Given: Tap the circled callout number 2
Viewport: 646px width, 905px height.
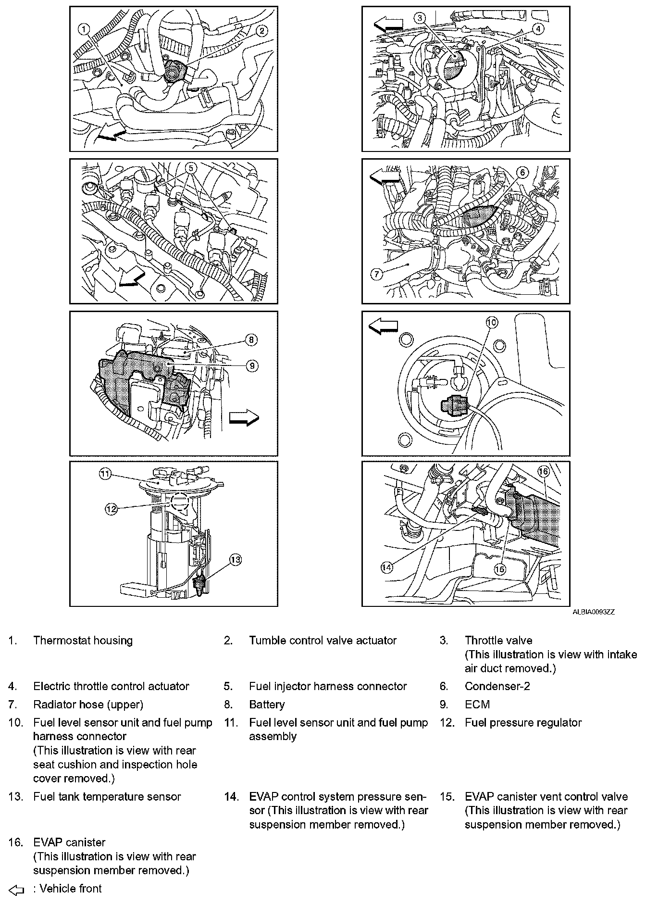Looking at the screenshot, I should coord(261,31).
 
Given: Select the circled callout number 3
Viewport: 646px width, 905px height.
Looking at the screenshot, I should coord(420,18).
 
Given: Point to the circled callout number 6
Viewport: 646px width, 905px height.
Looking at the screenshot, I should coord(522,172).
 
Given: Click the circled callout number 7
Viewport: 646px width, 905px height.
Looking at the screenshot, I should coord(376,274).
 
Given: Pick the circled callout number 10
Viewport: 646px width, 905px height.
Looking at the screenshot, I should coord(492,323).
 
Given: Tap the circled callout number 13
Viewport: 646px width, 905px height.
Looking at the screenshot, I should coord(236,560).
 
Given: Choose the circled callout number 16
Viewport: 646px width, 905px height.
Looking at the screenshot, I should coord(543,472).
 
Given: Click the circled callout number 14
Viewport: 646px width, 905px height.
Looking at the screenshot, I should coord(386,567).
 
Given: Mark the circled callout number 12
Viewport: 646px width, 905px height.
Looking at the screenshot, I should coord(112,508).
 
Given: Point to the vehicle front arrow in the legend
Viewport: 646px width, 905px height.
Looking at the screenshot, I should coord(16,890).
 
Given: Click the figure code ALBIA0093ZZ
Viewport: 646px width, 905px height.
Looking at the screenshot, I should coord(593,612).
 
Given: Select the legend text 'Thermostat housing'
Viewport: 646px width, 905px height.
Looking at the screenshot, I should coord(83,641).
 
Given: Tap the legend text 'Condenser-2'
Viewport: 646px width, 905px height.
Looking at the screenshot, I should coord(497,686).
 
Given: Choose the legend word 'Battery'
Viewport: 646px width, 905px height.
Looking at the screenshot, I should coord(267,704).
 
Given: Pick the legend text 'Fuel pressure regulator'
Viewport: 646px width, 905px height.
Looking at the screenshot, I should coord(523,723).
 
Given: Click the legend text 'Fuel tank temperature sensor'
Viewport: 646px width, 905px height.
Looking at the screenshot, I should coord(107,797).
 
